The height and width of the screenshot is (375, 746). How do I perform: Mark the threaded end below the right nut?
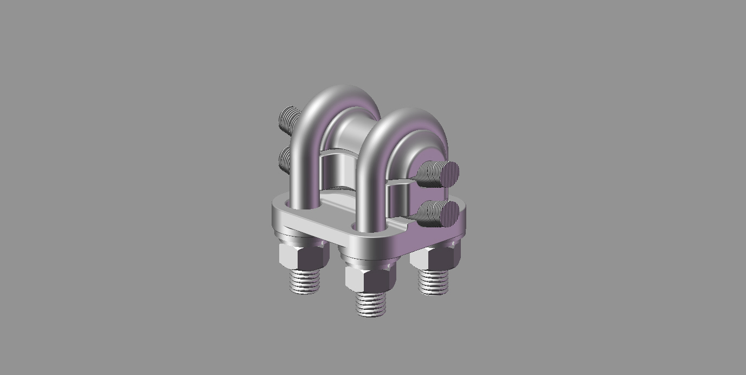[x=434, y=283]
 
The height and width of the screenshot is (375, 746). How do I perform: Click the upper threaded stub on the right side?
[x=431, y=173]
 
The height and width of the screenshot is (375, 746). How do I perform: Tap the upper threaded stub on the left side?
[x=289, y=119]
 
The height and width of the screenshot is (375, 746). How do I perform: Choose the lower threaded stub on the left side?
[x=285, y=159]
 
